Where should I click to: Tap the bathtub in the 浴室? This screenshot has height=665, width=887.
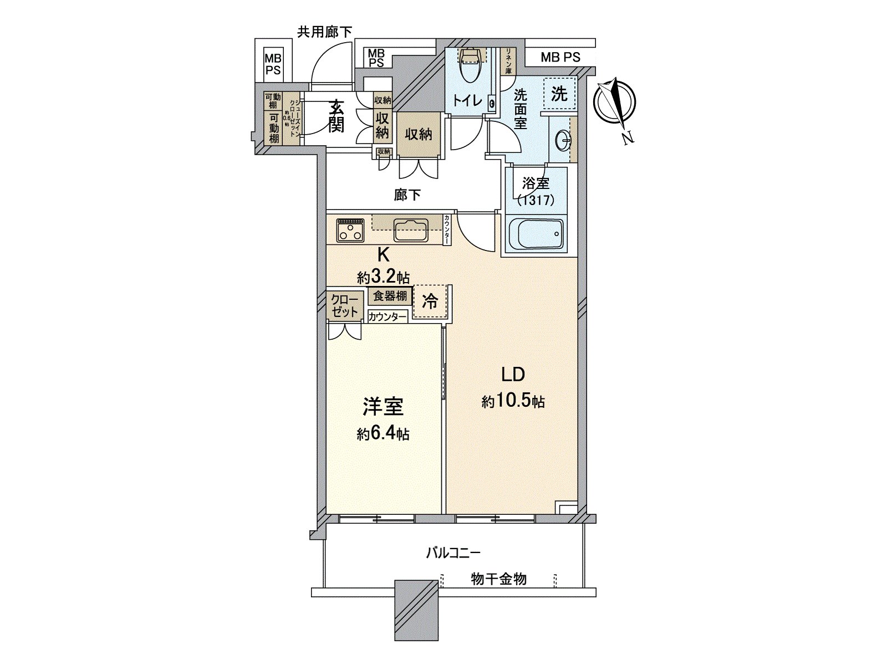click(x=536, y=234)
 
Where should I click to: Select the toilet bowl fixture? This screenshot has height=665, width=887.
click(x=470, y=65)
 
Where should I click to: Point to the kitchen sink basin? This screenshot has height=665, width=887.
click(x=411, y=230)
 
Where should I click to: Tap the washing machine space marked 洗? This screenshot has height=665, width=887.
click(x=559, y=94)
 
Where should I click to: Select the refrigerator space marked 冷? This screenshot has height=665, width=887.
click(x=430, y=301)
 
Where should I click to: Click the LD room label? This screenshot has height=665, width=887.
click(x=513, y=375)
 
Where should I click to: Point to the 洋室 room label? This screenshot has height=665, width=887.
click(x=383, y=406)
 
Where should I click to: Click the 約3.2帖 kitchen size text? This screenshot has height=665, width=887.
click(x=383, y=277)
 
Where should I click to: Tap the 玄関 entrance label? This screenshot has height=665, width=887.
click(x=336, y=116)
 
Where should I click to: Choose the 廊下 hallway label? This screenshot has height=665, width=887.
click(x=407, y=195)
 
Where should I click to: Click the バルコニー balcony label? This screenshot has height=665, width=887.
click(x=453, y=553)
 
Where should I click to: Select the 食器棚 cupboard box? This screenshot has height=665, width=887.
click(x=390, y=296)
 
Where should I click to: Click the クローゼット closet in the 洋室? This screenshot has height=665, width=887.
click(x=344, y=306)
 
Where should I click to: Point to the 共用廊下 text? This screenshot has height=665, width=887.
click(x=324, y=32)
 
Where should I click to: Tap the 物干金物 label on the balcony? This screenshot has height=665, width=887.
click(x=498, y=579)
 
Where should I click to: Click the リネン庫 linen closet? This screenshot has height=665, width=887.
click(x=508, y=61)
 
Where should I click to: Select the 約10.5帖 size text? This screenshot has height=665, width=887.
click(x=513, y=401)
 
